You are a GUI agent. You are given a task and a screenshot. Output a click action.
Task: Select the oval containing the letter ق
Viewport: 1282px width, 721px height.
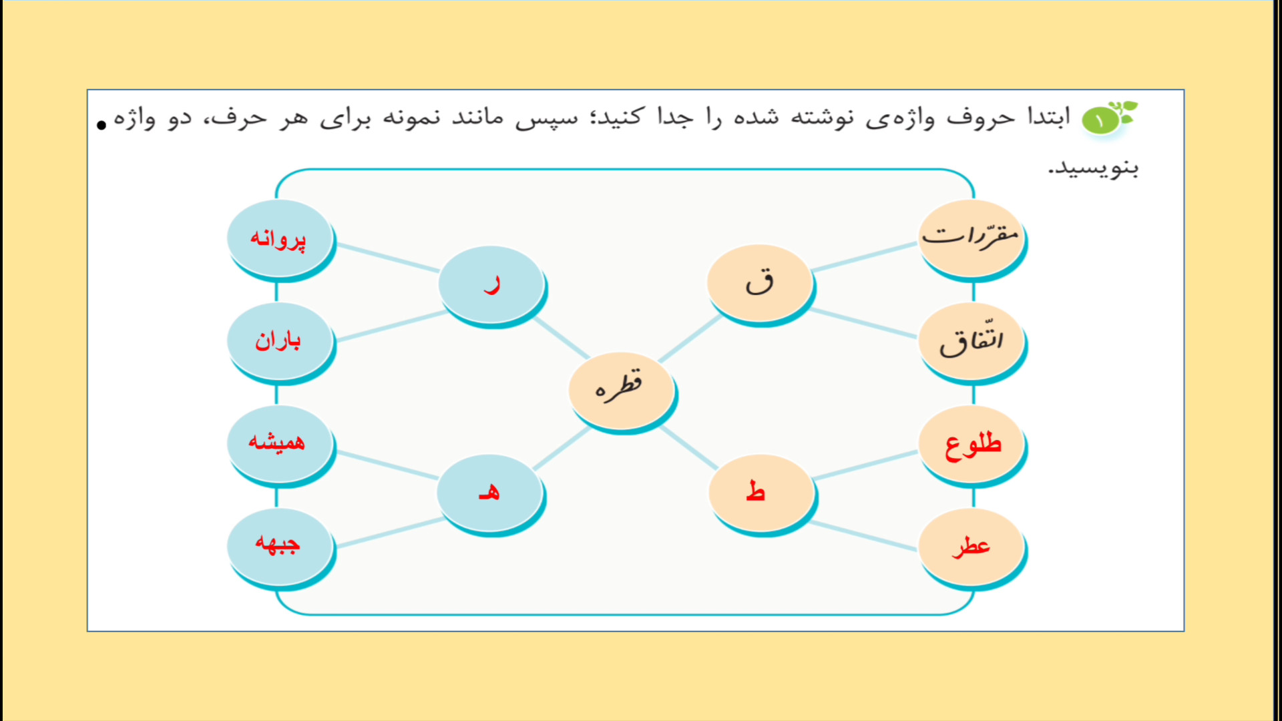coord(760,284)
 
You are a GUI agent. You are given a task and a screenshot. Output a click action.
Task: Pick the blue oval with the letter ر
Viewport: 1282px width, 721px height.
coord(492,285)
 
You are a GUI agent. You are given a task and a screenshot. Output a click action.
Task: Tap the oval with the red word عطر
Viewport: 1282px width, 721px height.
coord(972,548)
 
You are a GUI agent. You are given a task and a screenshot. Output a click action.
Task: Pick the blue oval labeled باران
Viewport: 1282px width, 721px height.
coord(280,342)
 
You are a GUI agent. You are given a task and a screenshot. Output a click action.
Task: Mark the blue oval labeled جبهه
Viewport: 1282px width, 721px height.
coord(280,548)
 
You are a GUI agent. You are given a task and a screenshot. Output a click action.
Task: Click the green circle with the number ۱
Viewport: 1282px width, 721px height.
coord(1100,121)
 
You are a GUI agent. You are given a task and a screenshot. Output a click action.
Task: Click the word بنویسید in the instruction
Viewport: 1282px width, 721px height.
coord(1093,168)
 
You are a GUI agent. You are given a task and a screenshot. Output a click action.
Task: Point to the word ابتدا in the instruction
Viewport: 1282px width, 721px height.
coord(1048,117)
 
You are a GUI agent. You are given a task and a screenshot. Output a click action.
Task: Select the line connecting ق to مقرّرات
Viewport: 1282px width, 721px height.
coord(865,257)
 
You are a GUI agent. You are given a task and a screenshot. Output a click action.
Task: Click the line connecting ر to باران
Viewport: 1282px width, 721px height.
coord(391,326)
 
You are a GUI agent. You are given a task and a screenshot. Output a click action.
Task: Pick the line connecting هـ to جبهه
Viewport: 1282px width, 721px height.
coord(390,533)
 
